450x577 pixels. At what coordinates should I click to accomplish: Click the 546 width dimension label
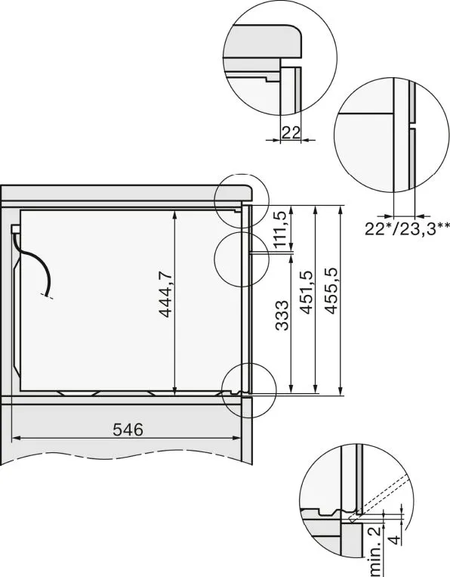pos(128,430)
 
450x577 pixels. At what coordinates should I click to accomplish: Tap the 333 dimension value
pos(282,315)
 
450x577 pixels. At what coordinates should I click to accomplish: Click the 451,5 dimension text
pos(307,293)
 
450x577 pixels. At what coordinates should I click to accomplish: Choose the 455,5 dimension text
pos(331,291)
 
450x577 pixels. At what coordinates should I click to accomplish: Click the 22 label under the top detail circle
pos(291,132)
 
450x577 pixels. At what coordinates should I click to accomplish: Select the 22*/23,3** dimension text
pos(407,228)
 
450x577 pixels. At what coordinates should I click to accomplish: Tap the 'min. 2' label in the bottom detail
pos(374,550)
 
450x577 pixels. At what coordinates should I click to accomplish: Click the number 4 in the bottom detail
pos(394,540)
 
